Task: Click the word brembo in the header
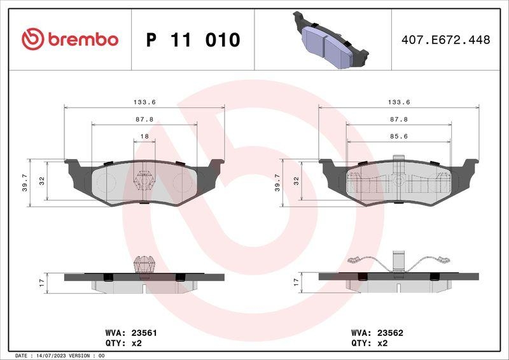[x=81, y=39]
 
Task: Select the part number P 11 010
[x=193, y=40]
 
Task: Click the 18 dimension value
[x=144, y=137]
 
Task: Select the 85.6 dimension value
[x=399, y=137]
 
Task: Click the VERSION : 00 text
[x=86, y=355]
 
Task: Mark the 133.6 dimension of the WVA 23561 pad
[x=144, y=102]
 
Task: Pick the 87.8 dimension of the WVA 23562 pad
[x=399, y=120]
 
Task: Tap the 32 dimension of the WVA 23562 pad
[x=296, y=181]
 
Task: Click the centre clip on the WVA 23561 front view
[x=145, y=180]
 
